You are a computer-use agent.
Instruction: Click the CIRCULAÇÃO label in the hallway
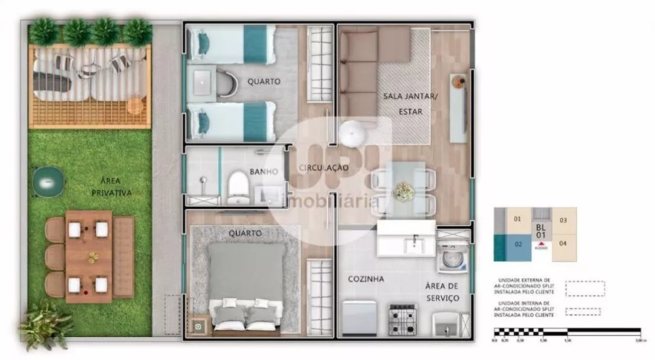(x=324, y=168)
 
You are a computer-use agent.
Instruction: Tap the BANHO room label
(x=265, y=172)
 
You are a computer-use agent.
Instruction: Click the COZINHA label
(x=365, y=279)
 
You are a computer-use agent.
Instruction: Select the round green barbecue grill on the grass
(x=48, y=181)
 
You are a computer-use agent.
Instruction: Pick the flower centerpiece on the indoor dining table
(x=403, y=191)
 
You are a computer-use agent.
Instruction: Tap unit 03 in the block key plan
(x=563, y=221)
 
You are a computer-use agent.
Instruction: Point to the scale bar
(x=567, y=332)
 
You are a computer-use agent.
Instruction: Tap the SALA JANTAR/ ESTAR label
(x=402, y=104)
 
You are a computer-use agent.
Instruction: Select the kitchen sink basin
(x=414, y=243)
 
